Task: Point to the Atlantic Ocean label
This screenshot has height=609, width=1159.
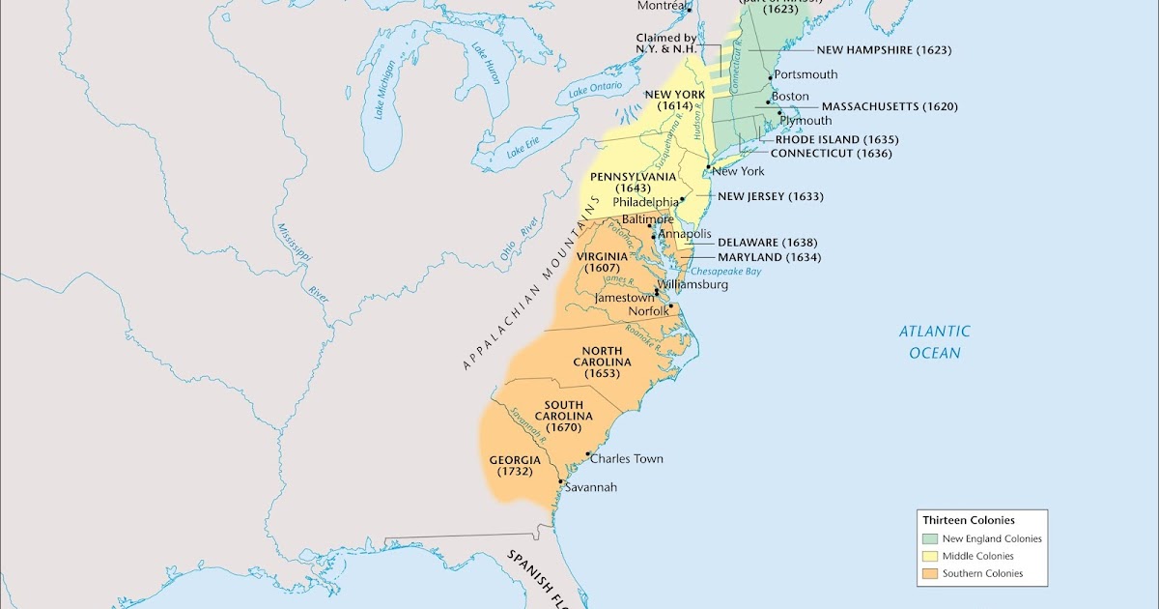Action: tap(935, 342)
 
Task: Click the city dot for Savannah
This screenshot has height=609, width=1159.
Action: tap(561, 480)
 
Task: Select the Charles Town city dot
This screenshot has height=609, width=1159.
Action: tap(587, 453)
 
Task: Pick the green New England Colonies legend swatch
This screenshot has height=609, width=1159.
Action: tap(930, 538)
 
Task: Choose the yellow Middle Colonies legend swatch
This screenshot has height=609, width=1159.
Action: tap(930, 556)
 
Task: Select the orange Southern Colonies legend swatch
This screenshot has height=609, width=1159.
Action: tap(930, 573)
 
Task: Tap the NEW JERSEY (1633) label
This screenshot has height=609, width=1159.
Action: tap(770, 196)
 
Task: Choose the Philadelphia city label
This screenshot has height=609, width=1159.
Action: tap(645, 203)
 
